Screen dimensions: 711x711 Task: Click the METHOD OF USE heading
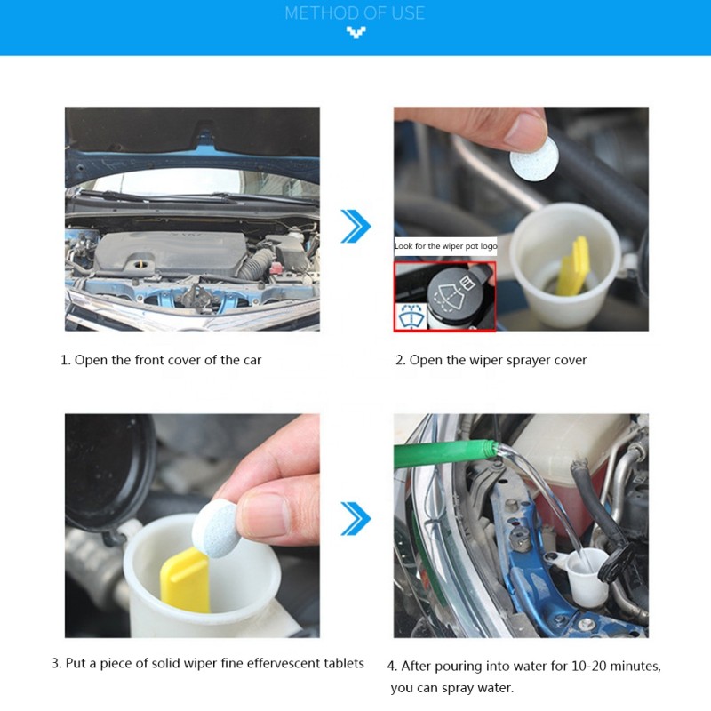click(355, 13)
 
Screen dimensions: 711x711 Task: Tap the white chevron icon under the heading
click(355, 34)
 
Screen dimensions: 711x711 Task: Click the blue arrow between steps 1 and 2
click(355, 226)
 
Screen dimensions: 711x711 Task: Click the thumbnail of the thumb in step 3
click(268, 513)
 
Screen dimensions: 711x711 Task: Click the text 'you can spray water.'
click(451, 688)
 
